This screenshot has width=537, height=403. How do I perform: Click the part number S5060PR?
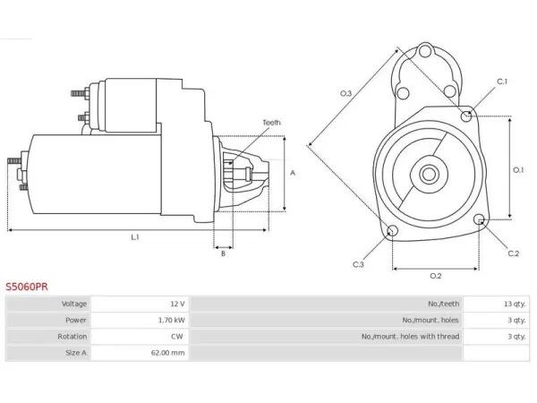(27, 287)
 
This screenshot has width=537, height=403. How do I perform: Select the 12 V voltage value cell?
(178, 304)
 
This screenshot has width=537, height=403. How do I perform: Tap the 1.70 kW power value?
(172, 320)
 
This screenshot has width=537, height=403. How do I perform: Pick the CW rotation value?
(177, 337)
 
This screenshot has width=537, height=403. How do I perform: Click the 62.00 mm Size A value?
(168, 353)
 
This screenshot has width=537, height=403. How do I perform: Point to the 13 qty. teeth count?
(515, 304)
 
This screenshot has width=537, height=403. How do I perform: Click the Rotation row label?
(72, 337)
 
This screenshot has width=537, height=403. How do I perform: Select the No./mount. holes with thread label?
(410, 337)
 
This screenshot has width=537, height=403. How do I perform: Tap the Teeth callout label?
(271, 123)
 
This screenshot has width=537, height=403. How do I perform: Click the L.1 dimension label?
(135, 237)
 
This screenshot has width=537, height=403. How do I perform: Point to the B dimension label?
(223, 253)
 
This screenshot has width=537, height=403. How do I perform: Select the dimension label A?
(293, 173)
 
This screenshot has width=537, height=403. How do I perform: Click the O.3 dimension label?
(345, 93)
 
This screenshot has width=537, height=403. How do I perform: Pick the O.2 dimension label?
(436, 276)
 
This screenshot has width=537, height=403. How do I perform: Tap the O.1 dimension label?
(518, 169)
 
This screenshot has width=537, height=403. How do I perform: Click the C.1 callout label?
(502, 81)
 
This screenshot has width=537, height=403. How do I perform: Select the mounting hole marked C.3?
(392, 231)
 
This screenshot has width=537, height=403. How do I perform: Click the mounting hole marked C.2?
(480, 219)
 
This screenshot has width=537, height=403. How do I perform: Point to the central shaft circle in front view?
(429, 174)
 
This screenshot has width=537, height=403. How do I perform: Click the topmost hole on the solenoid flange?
(425, 52)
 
